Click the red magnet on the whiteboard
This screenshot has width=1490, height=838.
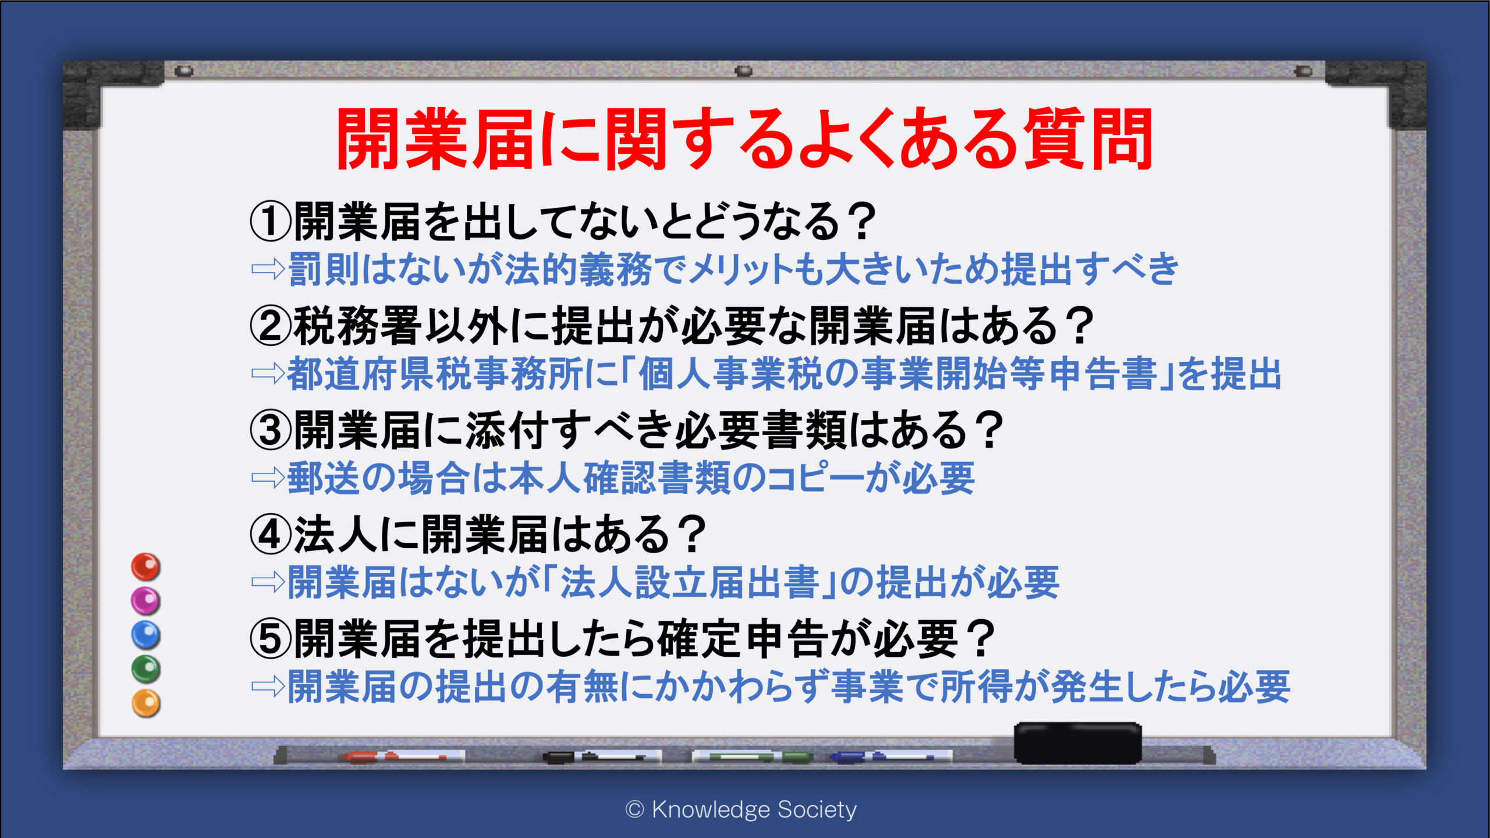(x=146, y=567)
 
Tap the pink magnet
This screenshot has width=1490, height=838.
(x=146, y=600)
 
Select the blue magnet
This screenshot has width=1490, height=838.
(x=146, y=635)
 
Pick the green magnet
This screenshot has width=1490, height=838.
(x=146, y=669)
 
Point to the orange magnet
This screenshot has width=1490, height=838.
(x=146, y=703)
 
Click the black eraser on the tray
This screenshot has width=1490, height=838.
(x=1077, y=743)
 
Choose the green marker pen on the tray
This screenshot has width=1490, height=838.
(x=752, y=756)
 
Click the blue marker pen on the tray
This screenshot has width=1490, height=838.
(x=891, y=756)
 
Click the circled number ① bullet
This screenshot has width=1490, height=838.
(x=270, y=222)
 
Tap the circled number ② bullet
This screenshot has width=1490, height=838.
(x=270, y=326)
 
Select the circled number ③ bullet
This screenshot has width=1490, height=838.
(x=270, y=430)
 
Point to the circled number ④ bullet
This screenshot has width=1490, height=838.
(x=270, y=535)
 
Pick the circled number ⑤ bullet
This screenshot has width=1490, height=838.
(x=270, y=639)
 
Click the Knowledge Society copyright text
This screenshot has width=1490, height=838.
(x=741, y=809)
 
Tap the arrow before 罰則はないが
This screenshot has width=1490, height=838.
(x=268, y=269)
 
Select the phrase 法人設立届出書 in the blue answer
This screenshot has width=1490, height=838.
(x=690, y=582)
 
